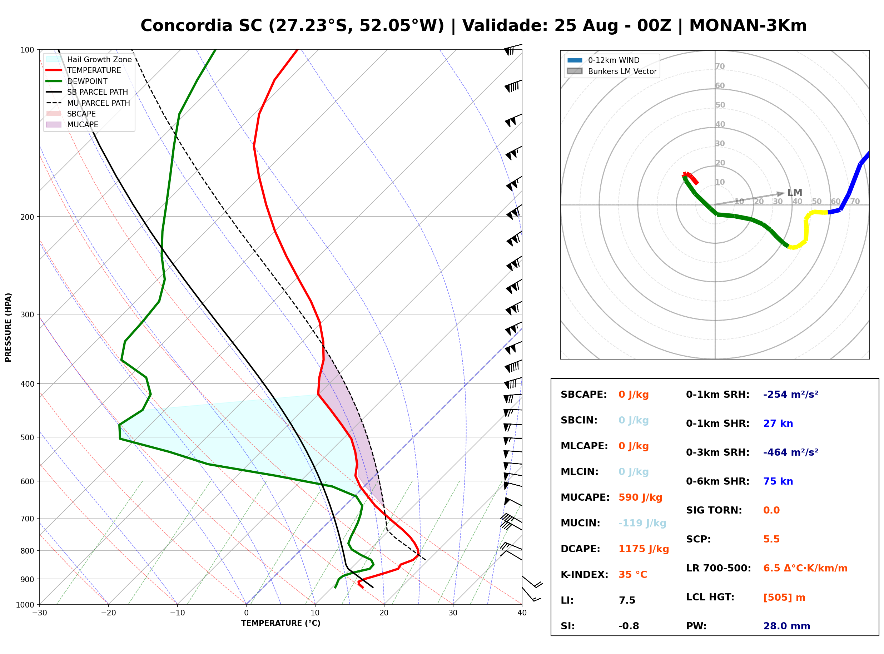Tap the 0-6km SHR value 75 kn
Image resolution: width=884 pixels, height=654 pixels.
778,481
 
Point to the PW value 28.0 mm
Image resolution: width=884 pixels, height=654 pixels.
787,626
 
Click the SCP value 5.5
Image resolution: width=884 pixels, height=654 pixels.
771,539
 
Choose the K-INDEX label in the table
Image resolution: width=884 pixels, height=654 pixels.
585,575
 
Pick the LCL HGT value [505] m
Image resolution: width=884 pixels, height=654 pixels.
784,598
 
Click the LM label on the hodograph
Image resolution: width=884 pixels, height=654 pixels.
795,192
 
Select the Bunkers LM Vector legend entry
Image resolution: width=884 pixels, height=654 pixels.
612,71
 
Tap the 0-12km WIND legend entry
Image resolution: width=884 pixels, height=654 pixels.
603,60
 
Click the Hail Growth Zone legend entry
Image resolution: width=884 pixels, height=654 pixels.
89,59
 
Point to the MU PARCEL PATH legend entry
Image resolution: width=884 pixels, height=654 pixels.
88,103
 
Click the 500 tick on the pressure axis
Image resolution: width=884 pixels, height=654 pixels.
28,437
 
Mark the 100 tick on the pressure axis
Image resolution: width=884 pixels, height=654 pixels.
28,50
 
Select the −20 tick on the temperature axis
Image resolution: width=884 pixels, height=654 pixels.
108,613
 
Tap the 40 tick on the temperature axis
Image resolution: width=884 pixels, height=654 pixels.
522,613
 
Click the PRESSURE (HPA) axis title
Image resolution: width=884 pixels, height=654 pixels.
8,327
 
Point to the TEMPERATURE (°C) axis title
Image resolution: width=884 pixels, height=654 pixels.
281,623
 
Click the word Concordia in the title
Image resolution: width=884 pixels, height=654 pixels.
187,26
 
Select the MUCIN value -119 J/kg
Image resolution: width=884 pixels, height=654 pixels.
642,523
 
